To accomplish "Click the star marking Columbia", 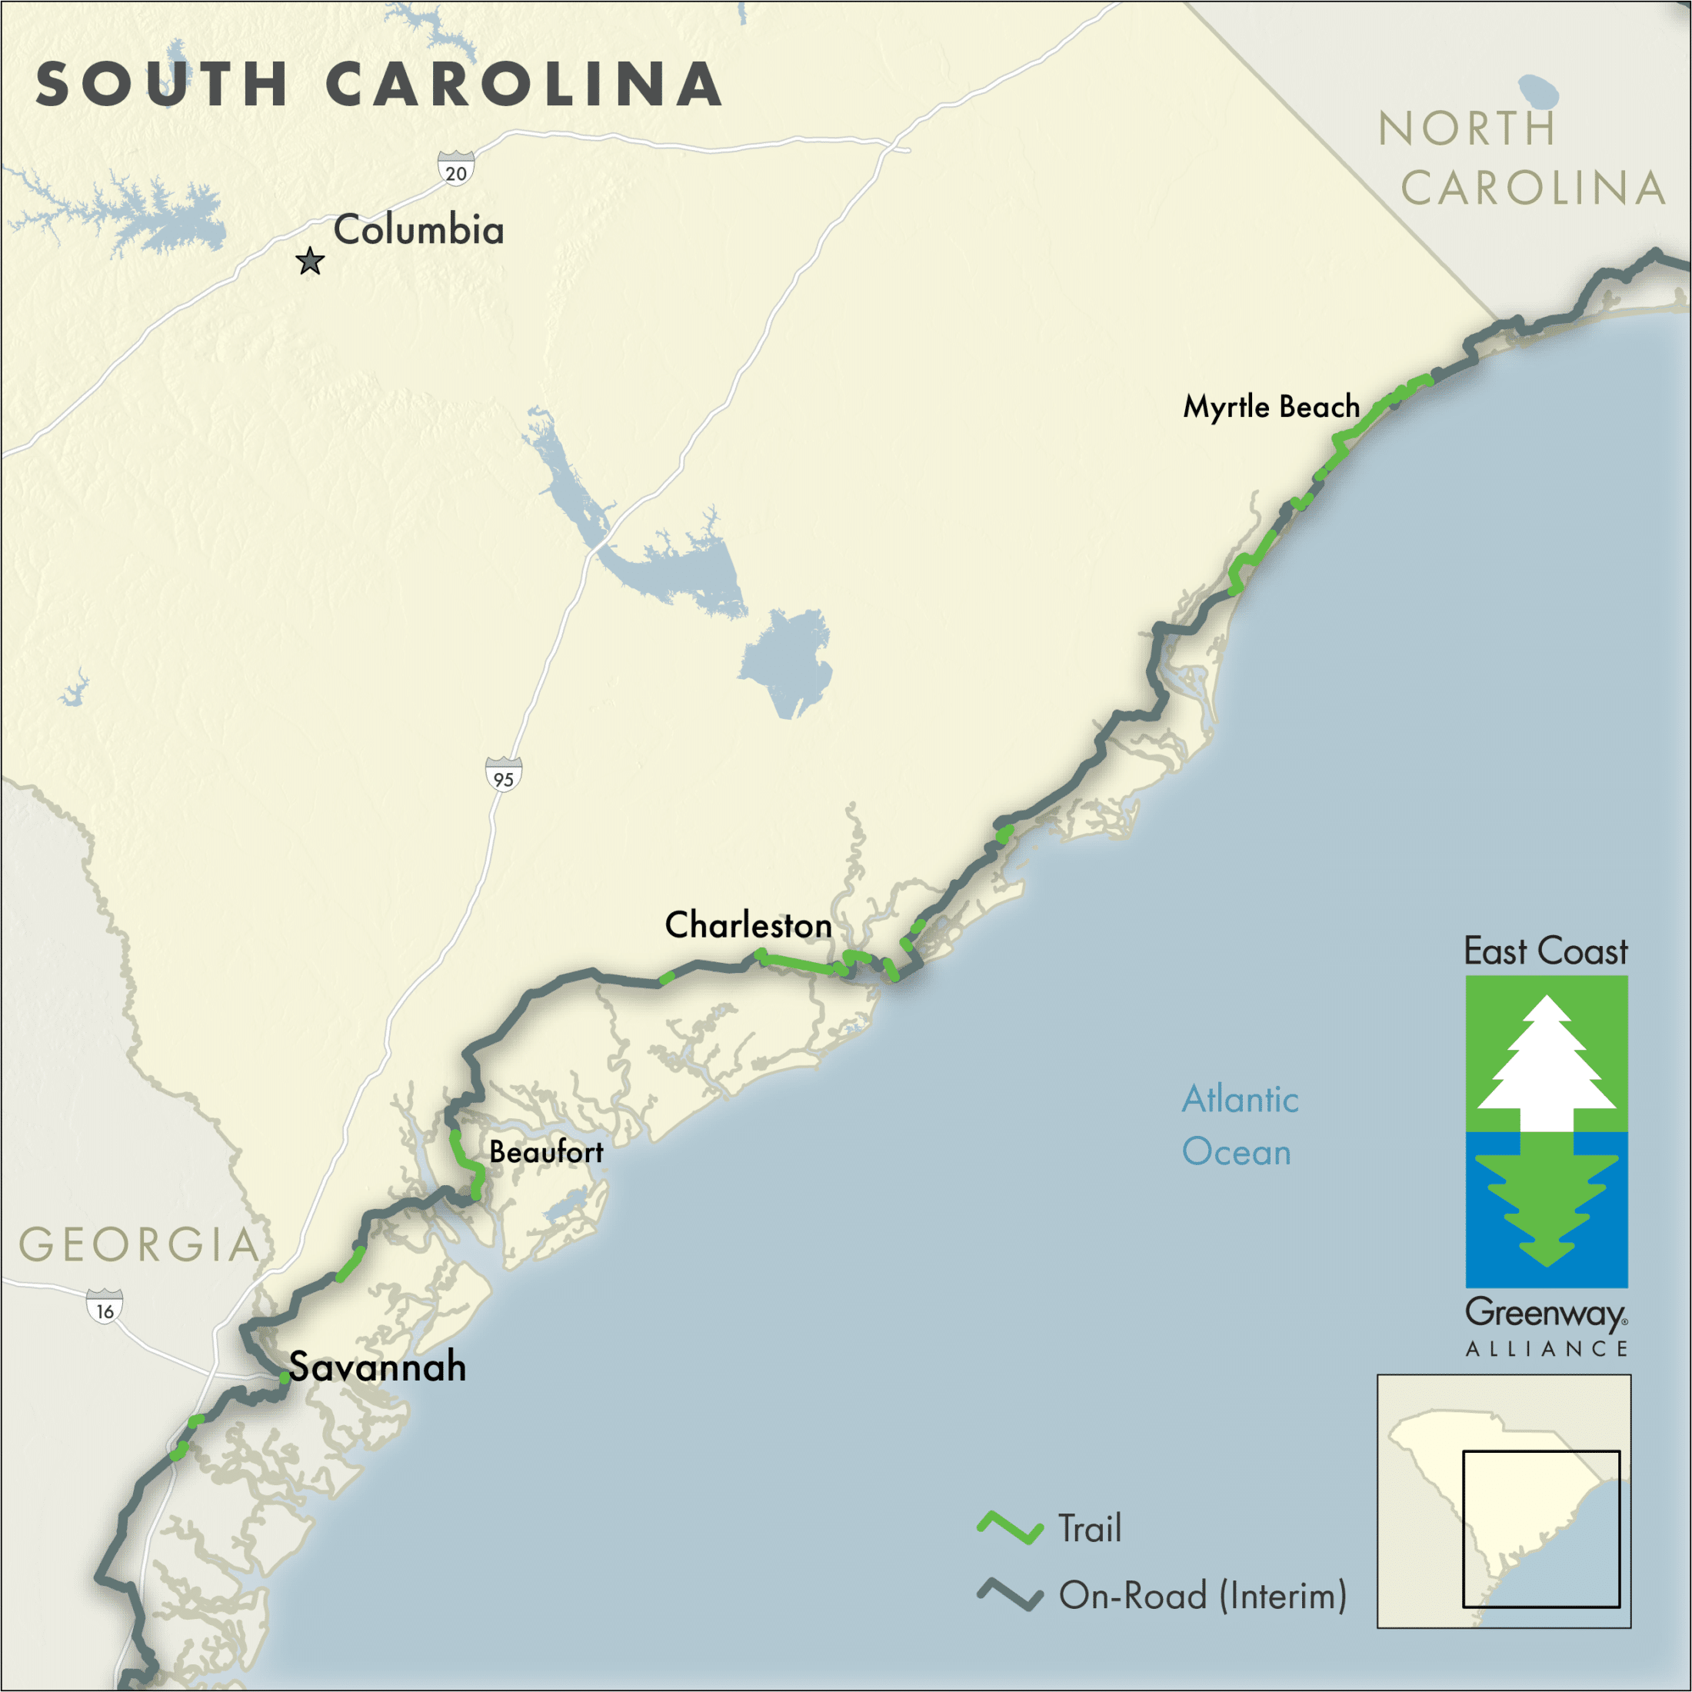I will [x=310, y=261].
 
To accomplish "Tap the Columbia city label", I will [x=418, y=229].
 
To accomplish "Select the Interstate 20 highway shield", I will [x=456, y=169].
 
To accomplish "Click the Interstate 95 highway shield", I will [x=504, y=775].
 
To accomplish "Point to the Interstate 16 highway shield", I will [x=105, y=1307].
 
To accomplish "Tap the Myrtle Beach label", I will [x=1271, y=406].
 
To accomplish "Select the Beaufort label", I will [x=545, y=1151].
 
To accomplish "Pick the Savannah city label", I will [x=378, y=1366].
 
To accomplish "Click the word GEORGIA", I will [x=139, y=1244].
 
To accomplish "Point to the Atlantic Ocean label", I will [x=1239, y=1125].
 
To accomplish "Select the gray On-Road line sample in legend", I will [x=1010, y=1595].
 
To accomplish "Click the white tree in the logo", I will [x=1547, y=1064].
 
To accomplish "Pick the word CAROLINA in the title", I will [x=524, y=85].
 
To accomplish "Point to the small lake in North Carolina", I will [x=1538, y=89].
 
